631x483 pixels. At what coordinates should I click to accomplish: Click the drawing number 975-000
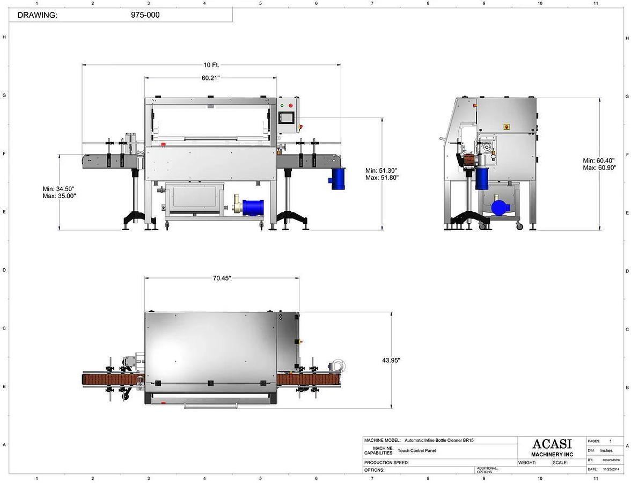tap(145, 15)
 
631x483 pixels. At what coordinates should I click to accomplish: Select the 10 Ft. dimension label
tap(211, 65)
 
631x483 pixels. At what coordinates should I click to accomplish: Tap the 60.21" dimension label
tap(210, 78)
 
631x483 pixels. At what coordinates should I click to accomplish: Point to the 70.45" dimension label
tap(222, 278)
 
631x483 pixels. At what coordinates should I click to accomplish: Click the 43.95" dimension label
tap(391, 360)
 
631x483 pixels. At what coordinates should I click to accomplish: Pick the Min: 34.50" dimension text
tap(58, 189)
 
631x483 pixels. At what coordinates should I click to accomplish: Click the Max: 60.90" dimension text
tap(599, 167)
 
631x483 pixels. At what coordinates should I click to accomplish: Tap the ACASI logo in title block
tap(552, 444)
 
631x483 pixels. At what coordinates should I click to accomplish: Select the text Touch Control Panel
tap(416, 451)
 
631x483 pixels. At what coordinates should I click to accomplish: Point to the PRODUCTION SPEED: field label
tap(386, 462)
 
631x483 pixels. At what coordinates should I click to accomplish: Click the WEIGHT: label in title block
tap(527, 462)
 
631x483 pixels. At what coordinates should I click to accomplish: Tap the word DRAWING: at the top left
tap(37, 15)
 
